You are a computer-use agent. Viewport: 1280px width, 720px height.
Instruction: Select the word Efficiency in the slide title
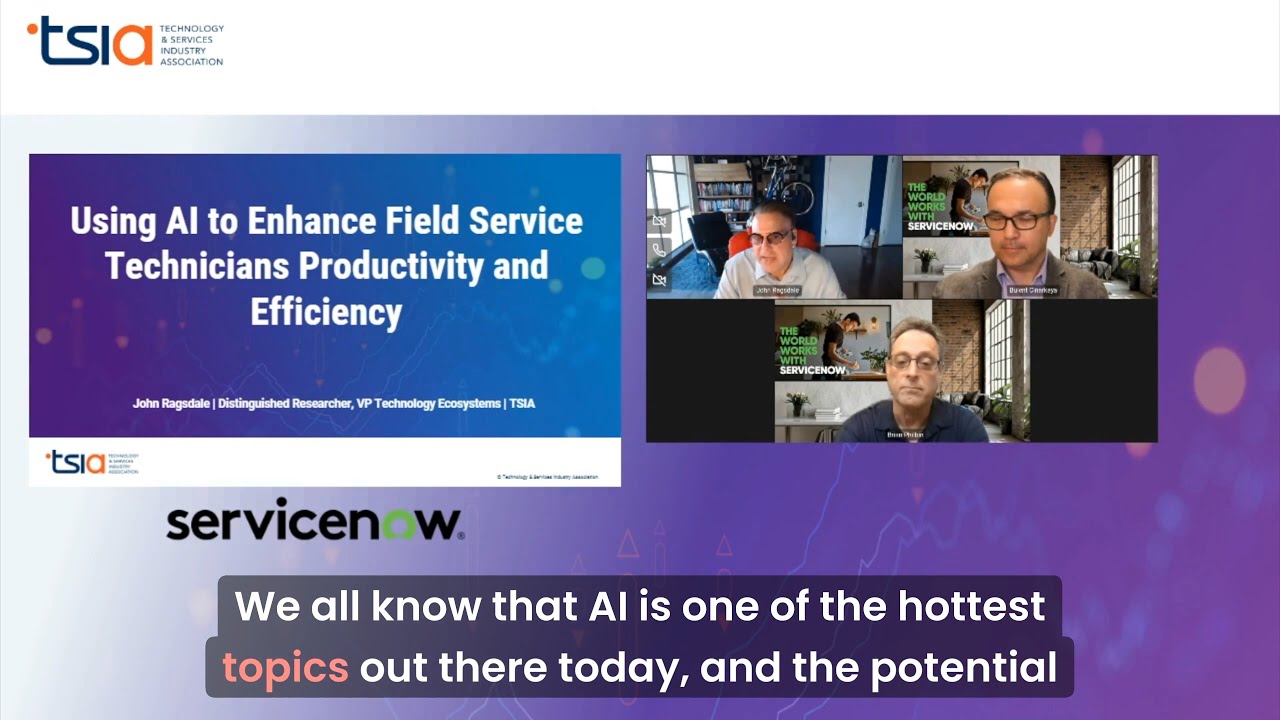(326, 311)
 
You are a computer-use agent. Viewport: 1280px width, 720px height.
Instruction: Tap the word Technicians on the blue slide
(196, 266)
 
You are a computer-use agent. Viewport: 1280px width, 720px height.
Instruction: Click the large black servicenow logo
(314, 523)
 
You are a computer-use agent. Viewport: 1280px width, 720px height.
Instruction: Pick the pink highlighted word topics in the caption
(285, 667)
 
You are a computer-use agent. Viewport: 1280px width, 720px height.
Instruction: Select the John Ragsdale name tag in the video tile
(779, 291)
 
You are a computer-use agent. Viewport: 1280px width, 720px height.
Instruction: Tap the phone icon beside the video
(659, 250)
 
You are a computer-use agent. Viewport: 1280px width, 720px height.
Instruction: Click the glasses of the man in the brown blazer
(1016, 220)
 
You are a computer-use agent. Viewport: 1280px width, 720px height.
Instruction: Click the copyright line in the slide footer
(547, 477)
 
